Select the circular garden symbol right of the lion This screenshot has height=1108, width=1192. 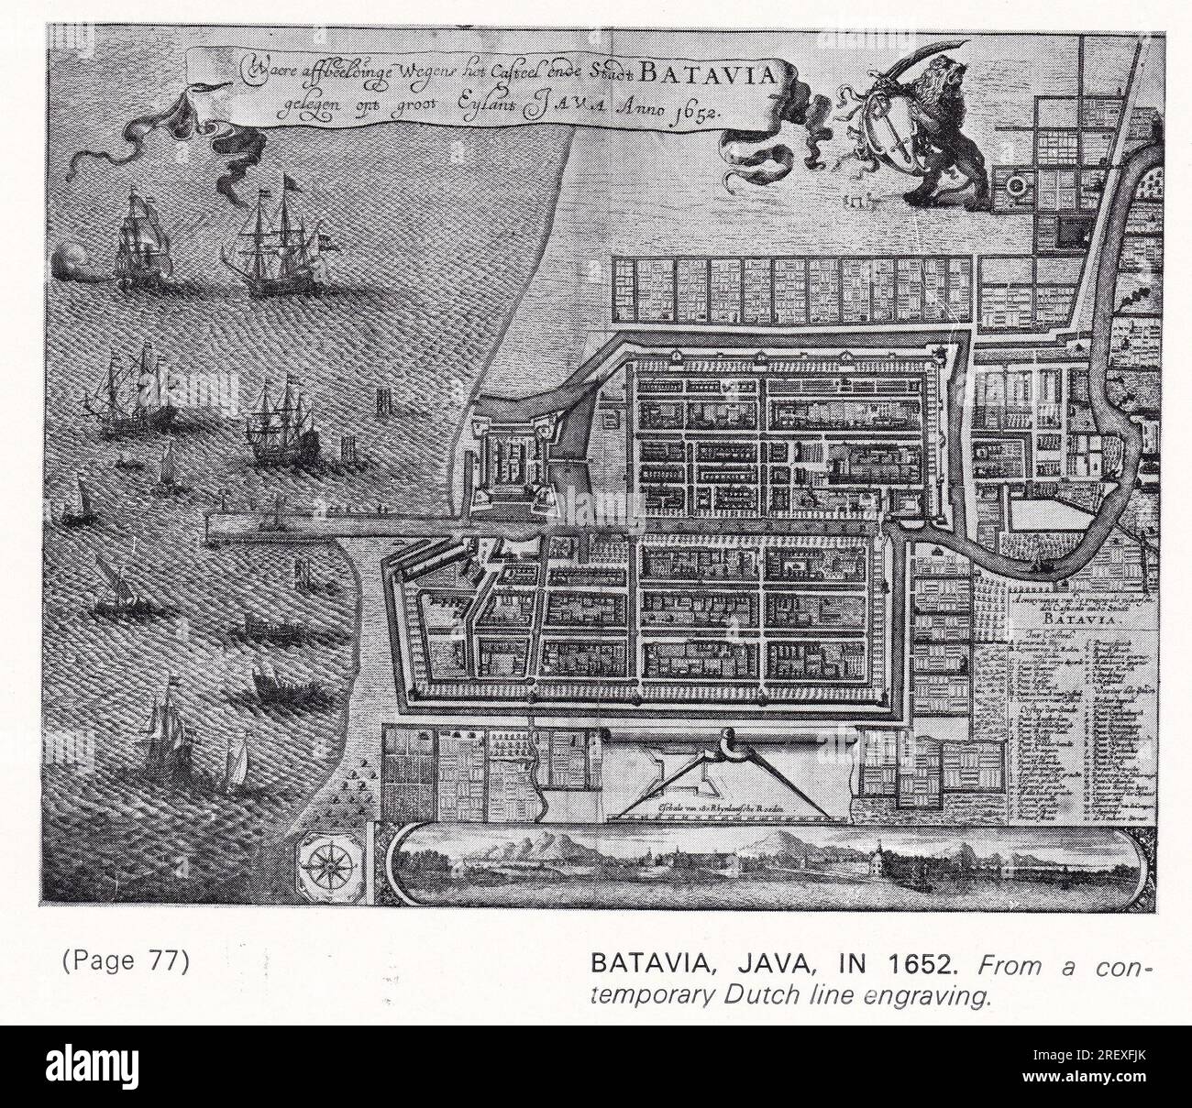(1015, 187)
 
